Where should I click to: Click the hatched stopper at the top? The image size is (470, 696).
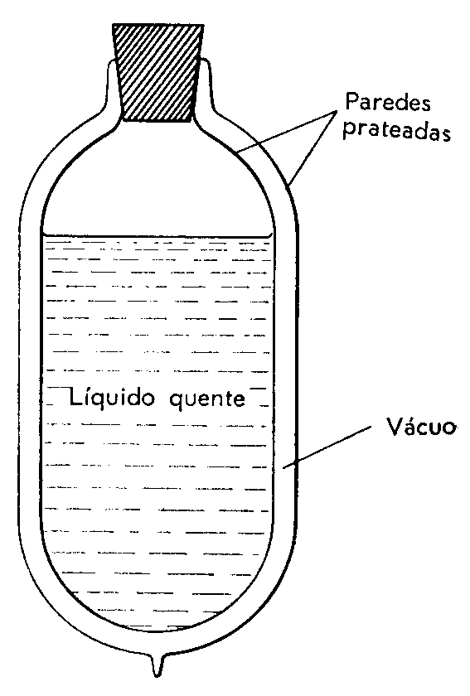click(x=157, y=72)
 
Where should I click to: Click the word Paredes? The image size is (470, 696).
click(x=388, y=102)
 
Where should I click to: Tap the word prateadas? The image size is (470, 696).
click(x=397, y=131)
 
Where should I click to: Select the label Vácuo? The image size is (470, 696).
click(x=421, y=427)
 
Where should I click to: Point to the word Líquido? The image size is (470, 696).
click(x=112, y=398)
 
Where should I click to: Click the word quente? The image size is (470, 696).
click(x=206, y=399)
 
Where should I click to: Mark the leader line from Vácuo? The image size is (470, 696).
click(x=327, y=447)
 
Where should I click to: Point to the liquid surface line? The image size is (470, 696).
click(x=157, y=235)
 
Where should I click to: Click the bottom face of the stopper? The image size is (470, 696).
click(x=157, y=120)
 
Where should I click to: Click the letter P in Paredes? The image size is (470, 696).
click(x=352, y=102)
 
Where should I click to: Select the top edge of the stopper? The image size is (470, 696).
click(x=157, y=26)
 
